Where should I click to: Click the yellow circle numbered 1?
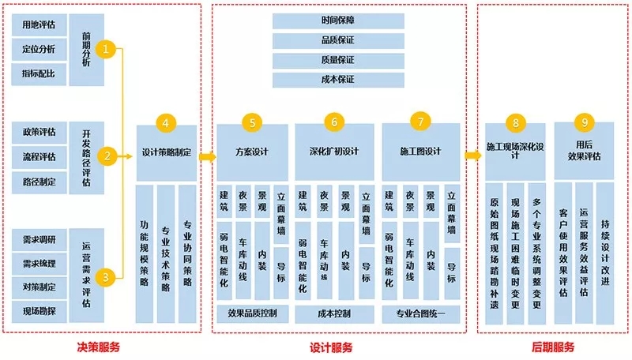point(106,49)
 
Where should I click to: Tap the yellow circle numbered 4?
point(166,123)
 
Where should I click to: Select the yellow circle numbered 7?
point(420,122)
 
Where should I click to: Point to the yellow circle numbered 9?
point(585,122)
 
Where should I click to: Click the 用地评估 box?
point(39,25)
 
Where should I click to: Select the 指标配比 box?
point(39,74)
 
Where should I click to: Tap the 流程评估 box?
point(39,156)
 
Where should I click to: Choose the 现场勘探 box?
point(39,311)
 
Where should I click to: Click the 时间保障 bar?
point(338,21)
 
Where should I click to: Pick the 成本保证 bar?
point(338,80)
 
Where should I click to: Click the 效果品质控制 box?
point(252,313)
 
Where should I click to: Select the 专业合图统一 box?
point(421,314)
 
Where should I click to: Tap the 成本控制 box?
point(334,314)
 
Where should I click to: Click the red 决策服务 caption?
point(98,347)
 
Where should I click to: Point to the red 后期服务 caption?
point(552,347)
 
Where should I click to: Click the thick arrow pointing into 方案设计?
point(208,156)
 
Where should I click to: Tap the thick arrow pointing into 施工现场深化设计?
point(473,156)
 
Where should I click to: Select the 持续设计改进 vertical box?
point(605,253)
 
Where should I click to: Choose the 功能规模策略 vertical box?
point(145,254)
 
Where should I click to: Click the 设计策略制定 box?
point(167,153)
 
